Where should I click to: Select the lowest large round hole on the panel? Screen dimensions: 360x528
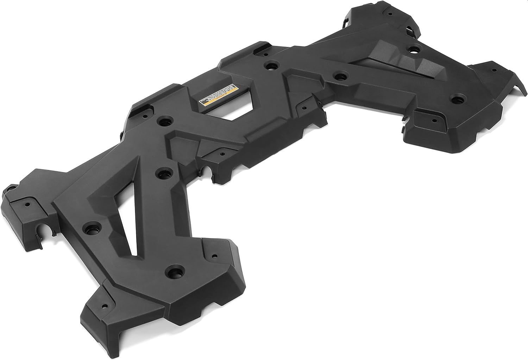pyautogui.click(x=174, y=271)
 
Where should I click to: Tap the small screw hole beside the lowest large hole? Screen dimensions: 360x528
pyautogui.click(x=213, y=256)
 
